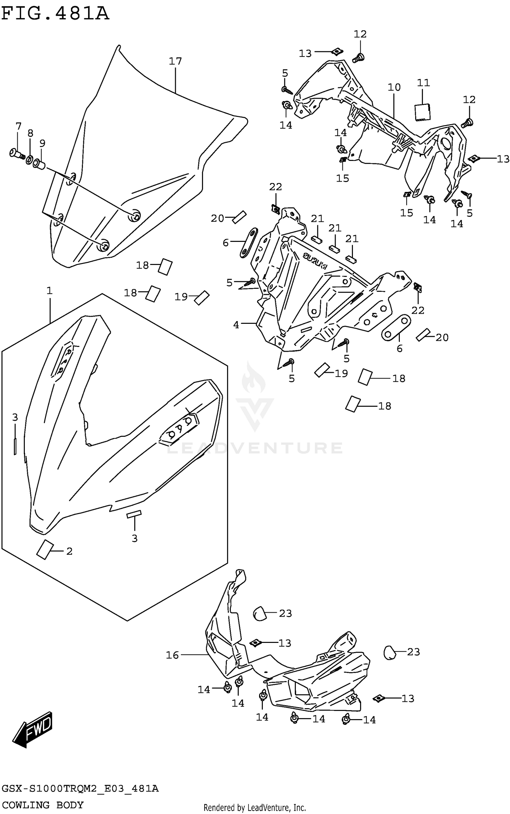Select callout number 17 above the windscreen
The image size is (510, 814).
tap(175, 61)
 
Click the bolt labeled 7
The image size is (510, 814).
tap(16, 154)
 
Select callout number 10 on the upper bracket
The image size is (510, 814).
tap(394, 87)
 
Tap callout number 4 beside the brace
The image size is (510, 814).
tap(236, 325)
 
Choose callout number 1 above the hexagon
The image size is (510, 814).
tap(50, 290)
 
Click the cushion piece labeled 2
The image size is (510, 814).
tap(45, 549)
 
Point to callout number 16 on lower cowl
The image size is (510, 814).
tap(172, 655)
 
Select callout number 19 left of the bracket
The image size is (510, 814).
tap(181, 297)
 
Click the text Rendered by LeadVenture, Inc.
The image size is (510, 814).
tap(255, 808)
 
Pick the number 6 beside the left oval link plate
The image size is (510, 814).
tap(225, 243)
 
